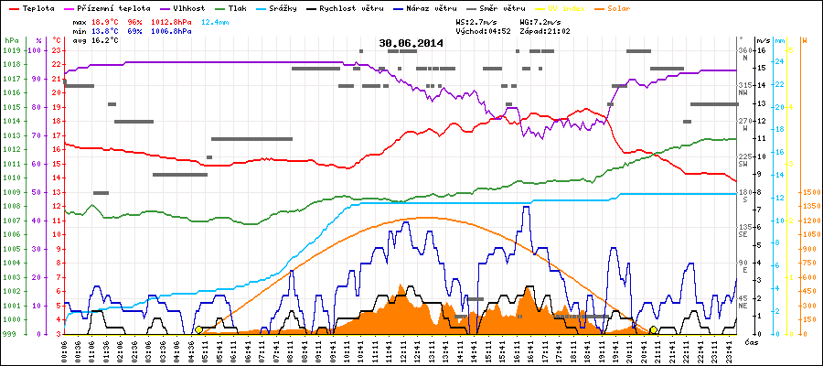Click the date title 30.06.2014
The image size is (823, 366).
[411, 43]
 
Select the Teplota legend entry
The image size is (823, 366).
[36, 7]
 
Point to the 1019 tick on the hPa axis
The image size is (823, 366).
[11, 50]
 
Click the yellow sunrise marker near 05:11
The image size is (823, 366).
[198, 329]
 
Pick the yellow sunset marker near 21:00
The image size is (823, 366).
[653, 329]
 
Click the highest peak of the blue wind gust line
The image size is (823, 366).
[525, 207]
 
